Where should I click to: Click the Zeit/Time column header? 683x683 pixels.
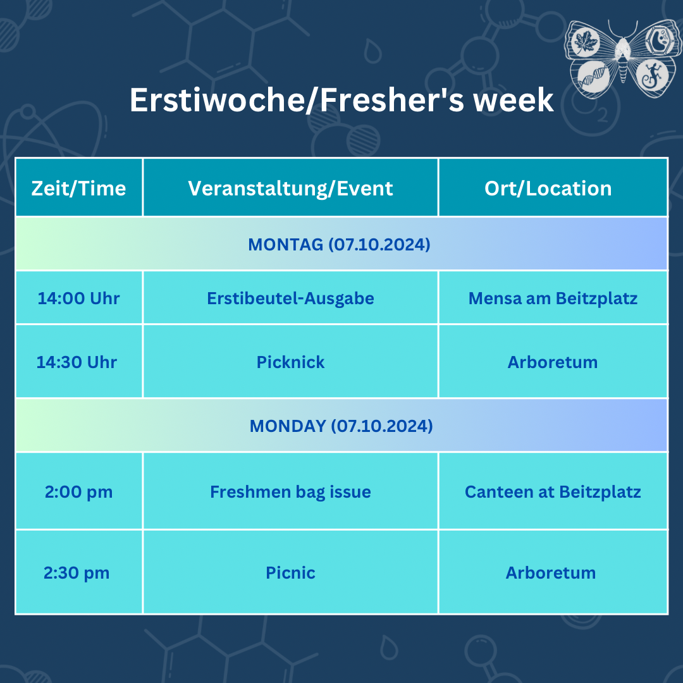pyautogui.click(x=79, y=188)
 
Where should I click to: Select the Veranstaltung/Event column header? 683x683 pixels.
pyautogui.click(x=290, y=188)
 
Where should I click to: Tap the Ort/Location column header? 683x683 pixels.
pyautogui.click(x=553, y=188)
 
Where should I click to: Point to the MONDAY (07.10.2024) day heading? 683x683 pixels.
pyautogui.click(x=341, y=426)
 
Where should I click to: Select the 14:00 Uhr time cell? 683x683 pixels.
pyautogui.click(x=79, y=298)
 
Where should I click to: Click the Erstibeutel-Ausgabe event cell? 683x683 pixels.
pyautogui.click(x=290, y=298)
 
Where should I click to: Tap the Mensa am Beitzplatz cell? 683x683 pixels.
pyautogui.click(x=553, y=298)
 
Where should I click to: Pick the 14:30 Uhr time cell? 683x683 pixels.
pyautogui.click(x=79, y=362)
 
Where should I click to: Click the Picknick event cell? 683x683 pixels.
pyautogui.click(x=290, y=362)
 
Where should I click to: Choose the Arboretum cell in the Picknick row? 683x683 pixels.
pyautogui.click(x=553, y=362)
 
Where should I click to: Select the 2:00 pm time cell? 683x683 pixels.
pyautogui.click(x=79, y=491)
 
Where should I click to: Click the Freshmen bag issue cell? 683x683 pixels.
pyautogui.click(x=290, y=491)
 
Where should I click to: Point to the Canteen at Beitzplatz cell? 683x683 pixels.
pyautogui.click(x=553, y=491)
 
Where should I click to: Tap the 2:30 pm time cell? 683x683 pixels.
pyautogui.click(x=79, y=572)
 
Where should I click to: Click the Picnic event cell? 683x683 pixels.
pyautogui.click(x=290, y=572)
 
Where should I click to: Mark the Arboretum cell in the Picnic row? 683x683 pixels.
pyautogui.click(x=553, y=572)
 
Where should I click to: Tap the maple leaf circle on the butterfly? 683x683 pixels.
pyautogui.click(x=586, y=42)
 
